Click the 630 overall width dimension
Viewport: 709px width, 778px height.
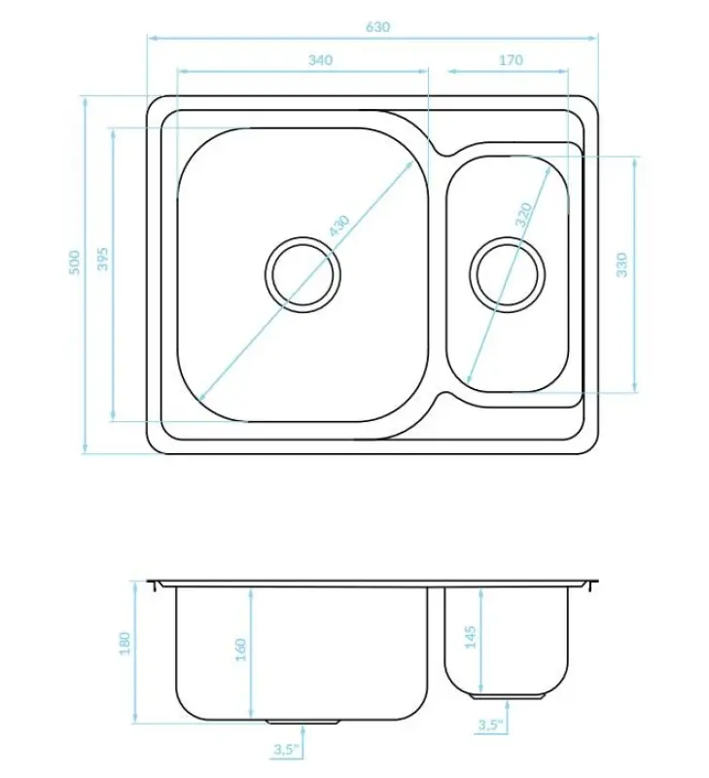pos(377,27)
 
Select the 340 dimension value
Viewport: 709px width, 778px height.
pos(320,60)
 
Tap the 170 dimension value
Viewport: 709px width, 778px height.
pos(510,60)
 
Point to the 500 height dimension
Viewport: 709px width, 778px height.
pos(73,263)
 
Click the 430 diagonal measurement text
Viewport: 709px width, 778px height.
pos(337,226)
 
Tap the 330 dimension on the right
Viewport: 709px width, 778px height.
pos(622,264)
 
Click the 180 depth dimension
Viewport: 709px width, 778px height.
pos(123,643)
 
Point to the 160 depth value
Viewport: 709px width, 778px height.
pos(240,649)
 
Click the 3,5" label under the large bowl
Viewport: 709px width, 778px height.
pos(284,748)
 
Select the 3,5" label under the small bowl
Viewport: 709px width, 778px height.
pos(489,725)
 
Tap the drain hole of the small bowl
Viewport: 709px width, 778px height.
pos(507,271)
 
